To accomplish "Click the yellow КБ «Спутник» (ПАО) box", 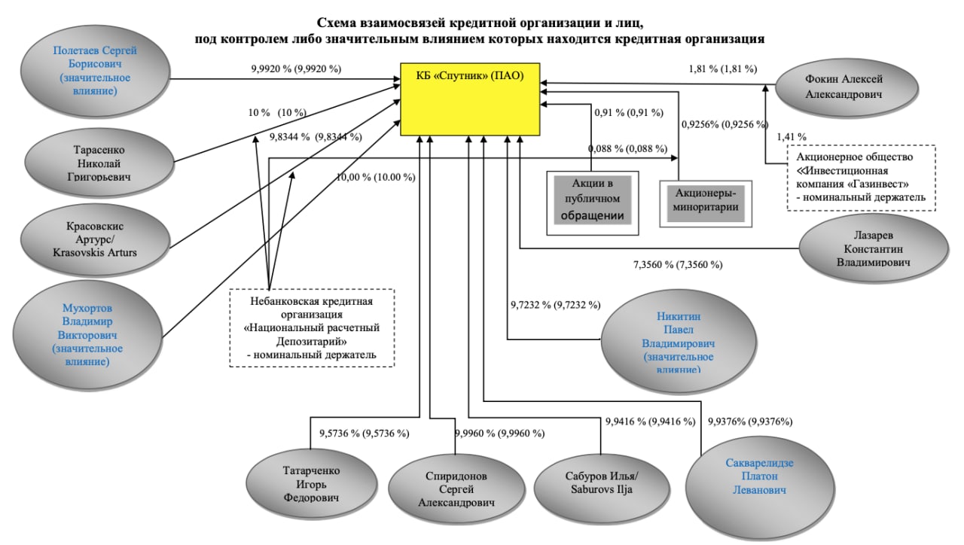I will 469,99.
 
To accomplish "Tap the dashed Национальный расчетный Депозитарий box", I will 312,328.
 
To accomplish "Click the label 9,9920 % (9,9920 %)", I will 296,69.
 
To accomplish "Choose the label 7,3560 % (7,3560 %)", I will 678,264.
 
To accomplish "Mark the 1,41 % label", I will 791,137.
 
